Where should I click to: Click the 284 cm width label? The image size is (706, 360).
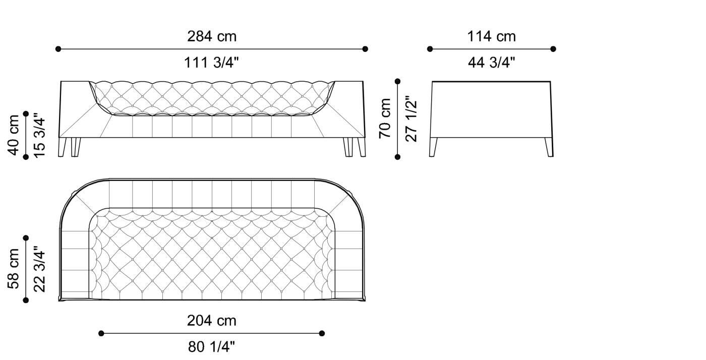(212, 36)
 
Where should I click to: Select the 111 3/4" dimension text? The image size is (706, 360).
(212, 63)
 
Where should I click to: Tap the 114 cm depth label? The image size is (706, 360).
(491, 36)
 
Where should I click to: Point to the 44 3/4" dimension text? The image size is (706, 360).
(491, 63)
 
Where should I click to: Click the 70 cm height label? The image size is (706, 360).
(385, 118)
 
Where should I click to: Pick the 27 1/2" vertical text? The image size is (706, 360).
(411, 118)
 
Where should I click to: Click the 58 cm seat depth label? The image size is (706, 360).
(14, 269)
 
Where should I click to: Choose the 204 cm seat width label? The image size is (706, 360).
(212, 320)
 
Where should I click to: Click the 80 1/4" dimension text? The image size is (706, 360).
(212, 346)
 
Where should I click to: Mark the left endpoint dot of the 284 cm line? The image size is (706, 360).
(58, 49)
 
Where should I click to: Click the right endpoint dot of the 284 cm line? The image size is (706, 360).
(365, 49)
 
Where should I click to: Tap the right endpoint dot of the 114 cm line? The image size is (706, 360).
(553, 49)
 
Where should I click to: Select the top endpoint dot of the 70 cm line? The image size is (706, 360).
(398, 81)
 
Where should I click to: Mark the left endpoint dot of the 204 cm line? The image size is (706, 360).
(101, 333)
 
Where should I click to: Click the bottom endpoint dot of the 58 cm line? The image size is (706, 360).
(26, 301)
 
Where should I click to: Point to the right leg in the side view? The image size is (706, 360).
(549, 147)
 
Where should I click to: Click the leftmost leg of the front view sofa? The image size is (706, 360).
(62, 147)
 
